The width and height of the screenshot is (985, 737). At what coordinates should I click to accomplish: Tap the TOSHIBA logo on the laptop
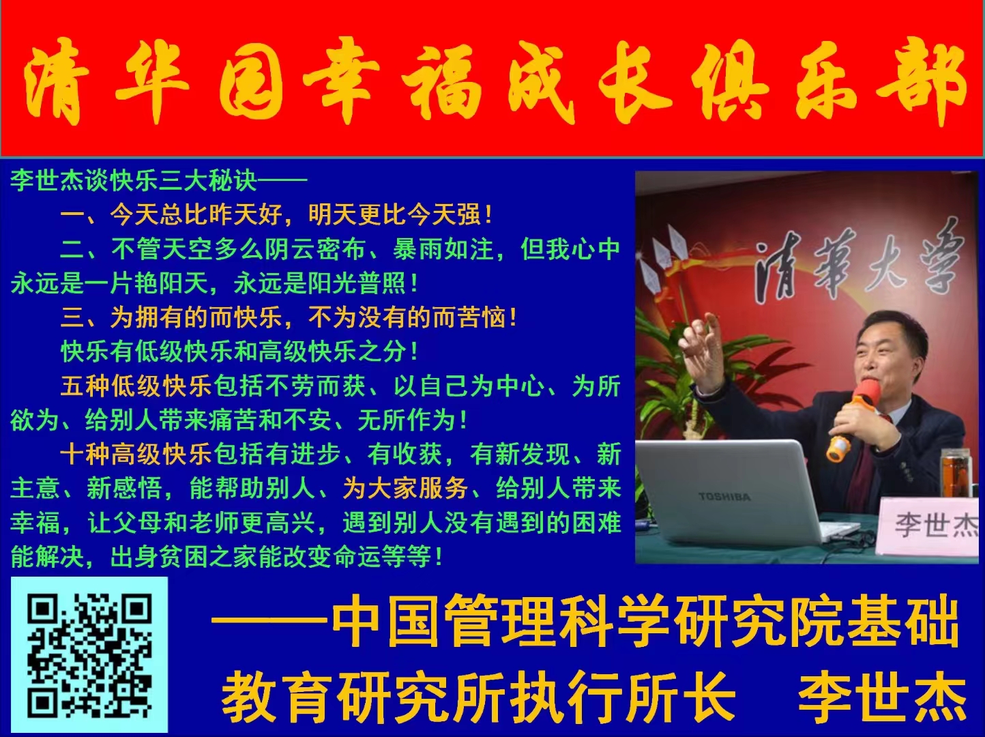coord(724,496)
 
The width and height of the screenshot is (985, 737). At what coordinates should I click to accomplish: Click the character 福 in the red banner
coord(440,81)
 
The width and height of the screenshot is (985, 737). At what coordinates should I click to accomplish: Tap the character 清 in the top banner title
coord(57,81)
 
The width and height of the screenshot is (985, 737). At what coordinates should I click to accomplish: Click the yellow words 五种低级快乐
coord(136,386)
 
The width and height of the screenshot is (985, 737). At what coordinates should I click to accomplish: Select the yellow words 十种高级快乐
coord(136,454)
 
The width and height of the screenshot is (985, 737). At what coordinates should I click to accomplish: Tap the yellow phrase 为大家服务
coord(405,489)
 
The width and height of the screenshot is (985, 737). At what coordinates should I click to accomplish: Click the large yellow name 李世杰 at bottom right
coord(883,696)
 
